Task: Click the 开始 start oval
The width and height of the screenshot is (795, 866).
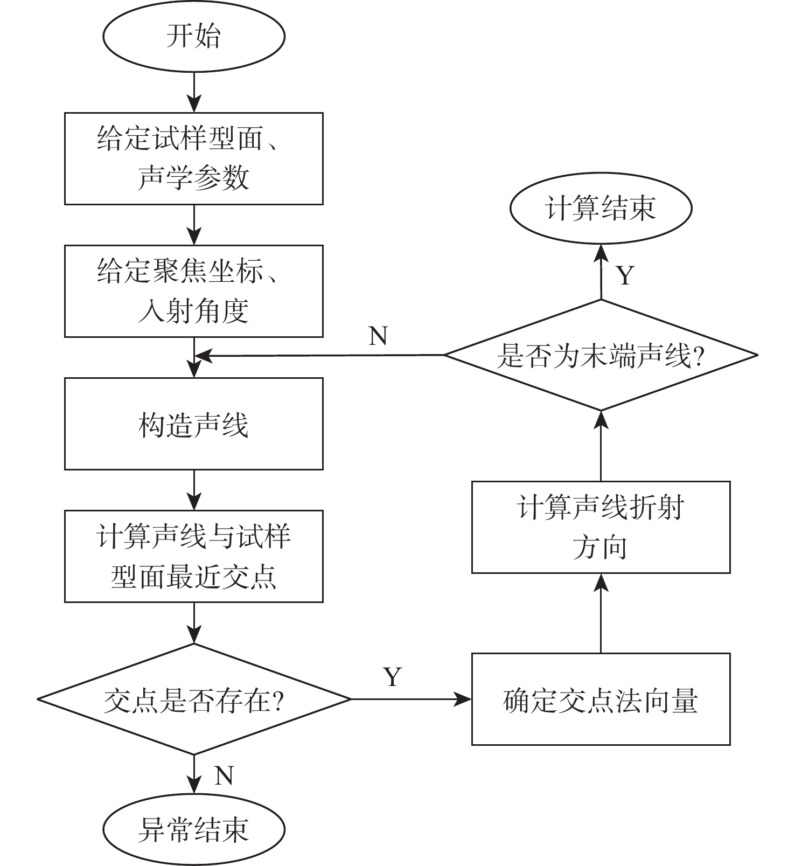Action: click(x=194, y=37)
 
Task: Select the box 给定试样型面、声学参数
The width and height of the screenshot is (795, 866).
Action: click(x=194, y=158)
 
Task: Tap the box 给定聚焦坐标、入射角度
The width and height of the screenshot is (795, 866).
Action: click(x=194, y=291)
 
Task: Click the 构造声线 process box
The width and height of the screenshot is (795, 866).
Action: click(x=194, y=424)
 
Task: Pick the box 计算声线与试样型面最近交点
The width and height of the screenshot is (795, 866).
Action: click(x=194, y=556)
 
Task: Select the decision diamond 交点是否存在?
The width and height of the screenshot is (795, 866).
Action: click(x=194, y=699)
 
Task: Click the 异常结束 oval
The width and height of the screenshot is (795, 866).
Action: click(x=194, y=829)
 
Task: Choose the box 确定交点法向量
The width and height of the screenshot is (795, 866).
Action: click(x=601, y=699)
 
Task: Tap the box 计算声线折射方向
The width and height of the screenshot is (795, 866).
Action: click(x=601, y=527)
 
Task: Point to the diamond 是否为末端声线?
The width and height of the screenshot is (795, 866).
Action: click(x=601, y=355)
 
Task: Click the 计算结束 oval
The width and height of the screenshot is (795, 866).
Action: click(x=601, y=208)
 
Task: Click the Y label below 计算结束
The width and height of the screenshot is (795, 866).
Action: click(x=625, y=275)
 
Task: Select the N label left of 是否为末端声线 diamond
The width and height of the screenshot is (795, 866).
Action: click(x=378, y=336)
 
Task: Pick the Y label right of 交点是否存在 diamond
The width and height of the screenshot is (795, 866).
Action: click(x=393, y=676)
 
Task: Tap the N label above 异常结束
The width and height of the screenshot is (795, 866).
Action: click(x=224, y=775)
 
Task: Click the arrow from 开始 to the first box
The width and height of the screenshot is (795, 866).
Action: click(x=194, y=92)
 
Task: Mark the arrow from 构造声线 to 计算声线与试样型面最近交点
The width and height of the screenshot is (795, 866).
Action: click(x=194, y=490)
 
